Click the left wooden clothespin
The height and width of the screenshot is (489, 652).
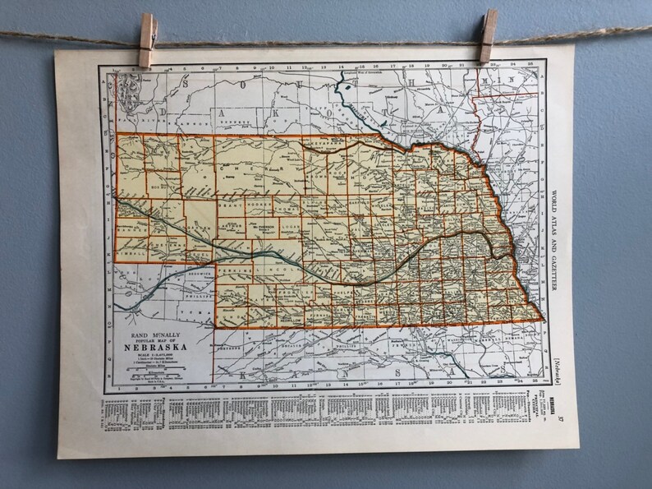pyautogui.click(x=148, y=40)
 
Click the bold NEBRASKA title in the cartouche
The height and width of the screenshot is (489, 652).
pyautogui.click(x=154, y=347)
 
